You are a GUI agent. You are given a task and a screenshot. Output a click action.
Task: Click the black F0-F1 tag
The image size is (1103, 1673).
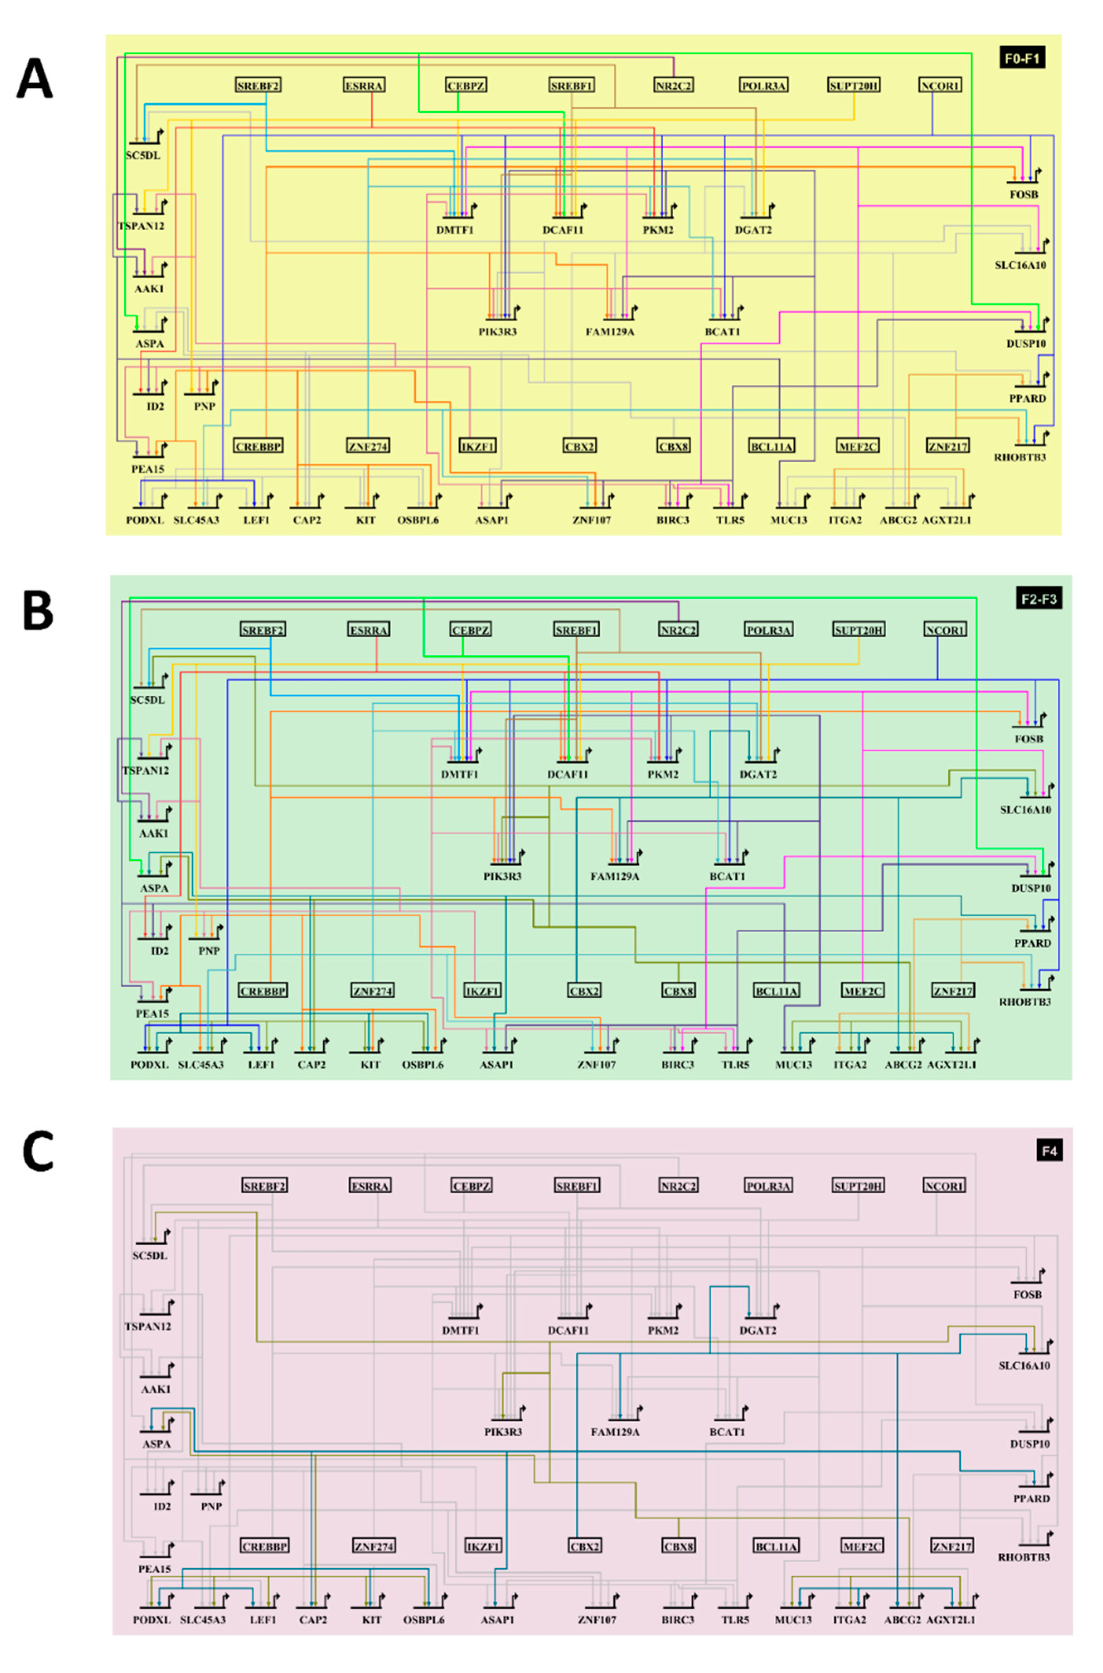click(1021, 58)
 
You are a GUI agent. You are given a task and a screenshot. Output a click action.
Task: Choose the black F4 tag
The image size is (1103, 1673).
click(1048, 1151)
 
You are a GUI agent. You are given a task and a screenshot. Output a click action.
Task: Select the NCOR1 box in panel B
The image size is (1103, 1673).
click(944, 630)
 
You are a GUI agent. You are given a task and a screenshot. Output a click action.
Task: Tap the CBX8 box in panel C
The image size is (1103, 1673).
click(678, 1547)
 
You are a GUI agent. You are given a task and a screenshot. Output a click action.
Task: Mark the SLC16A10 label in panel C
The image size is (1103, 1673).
click(1024, 1365)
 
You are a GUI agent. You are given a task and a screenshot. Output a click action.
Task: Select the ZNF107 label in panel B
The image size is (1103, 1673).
click(596, 1064)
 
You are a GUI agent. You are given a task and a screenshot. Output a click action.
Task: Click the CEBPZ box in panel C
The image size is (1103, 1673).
click(470, 1185)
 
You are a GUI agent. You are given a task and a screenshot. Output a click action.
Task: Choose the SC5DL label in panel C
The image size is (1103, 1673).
click(150, 1256)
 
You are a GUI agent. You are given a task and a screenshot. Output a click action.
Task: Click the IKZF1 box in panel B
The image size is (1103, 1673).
click(482, 991)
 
